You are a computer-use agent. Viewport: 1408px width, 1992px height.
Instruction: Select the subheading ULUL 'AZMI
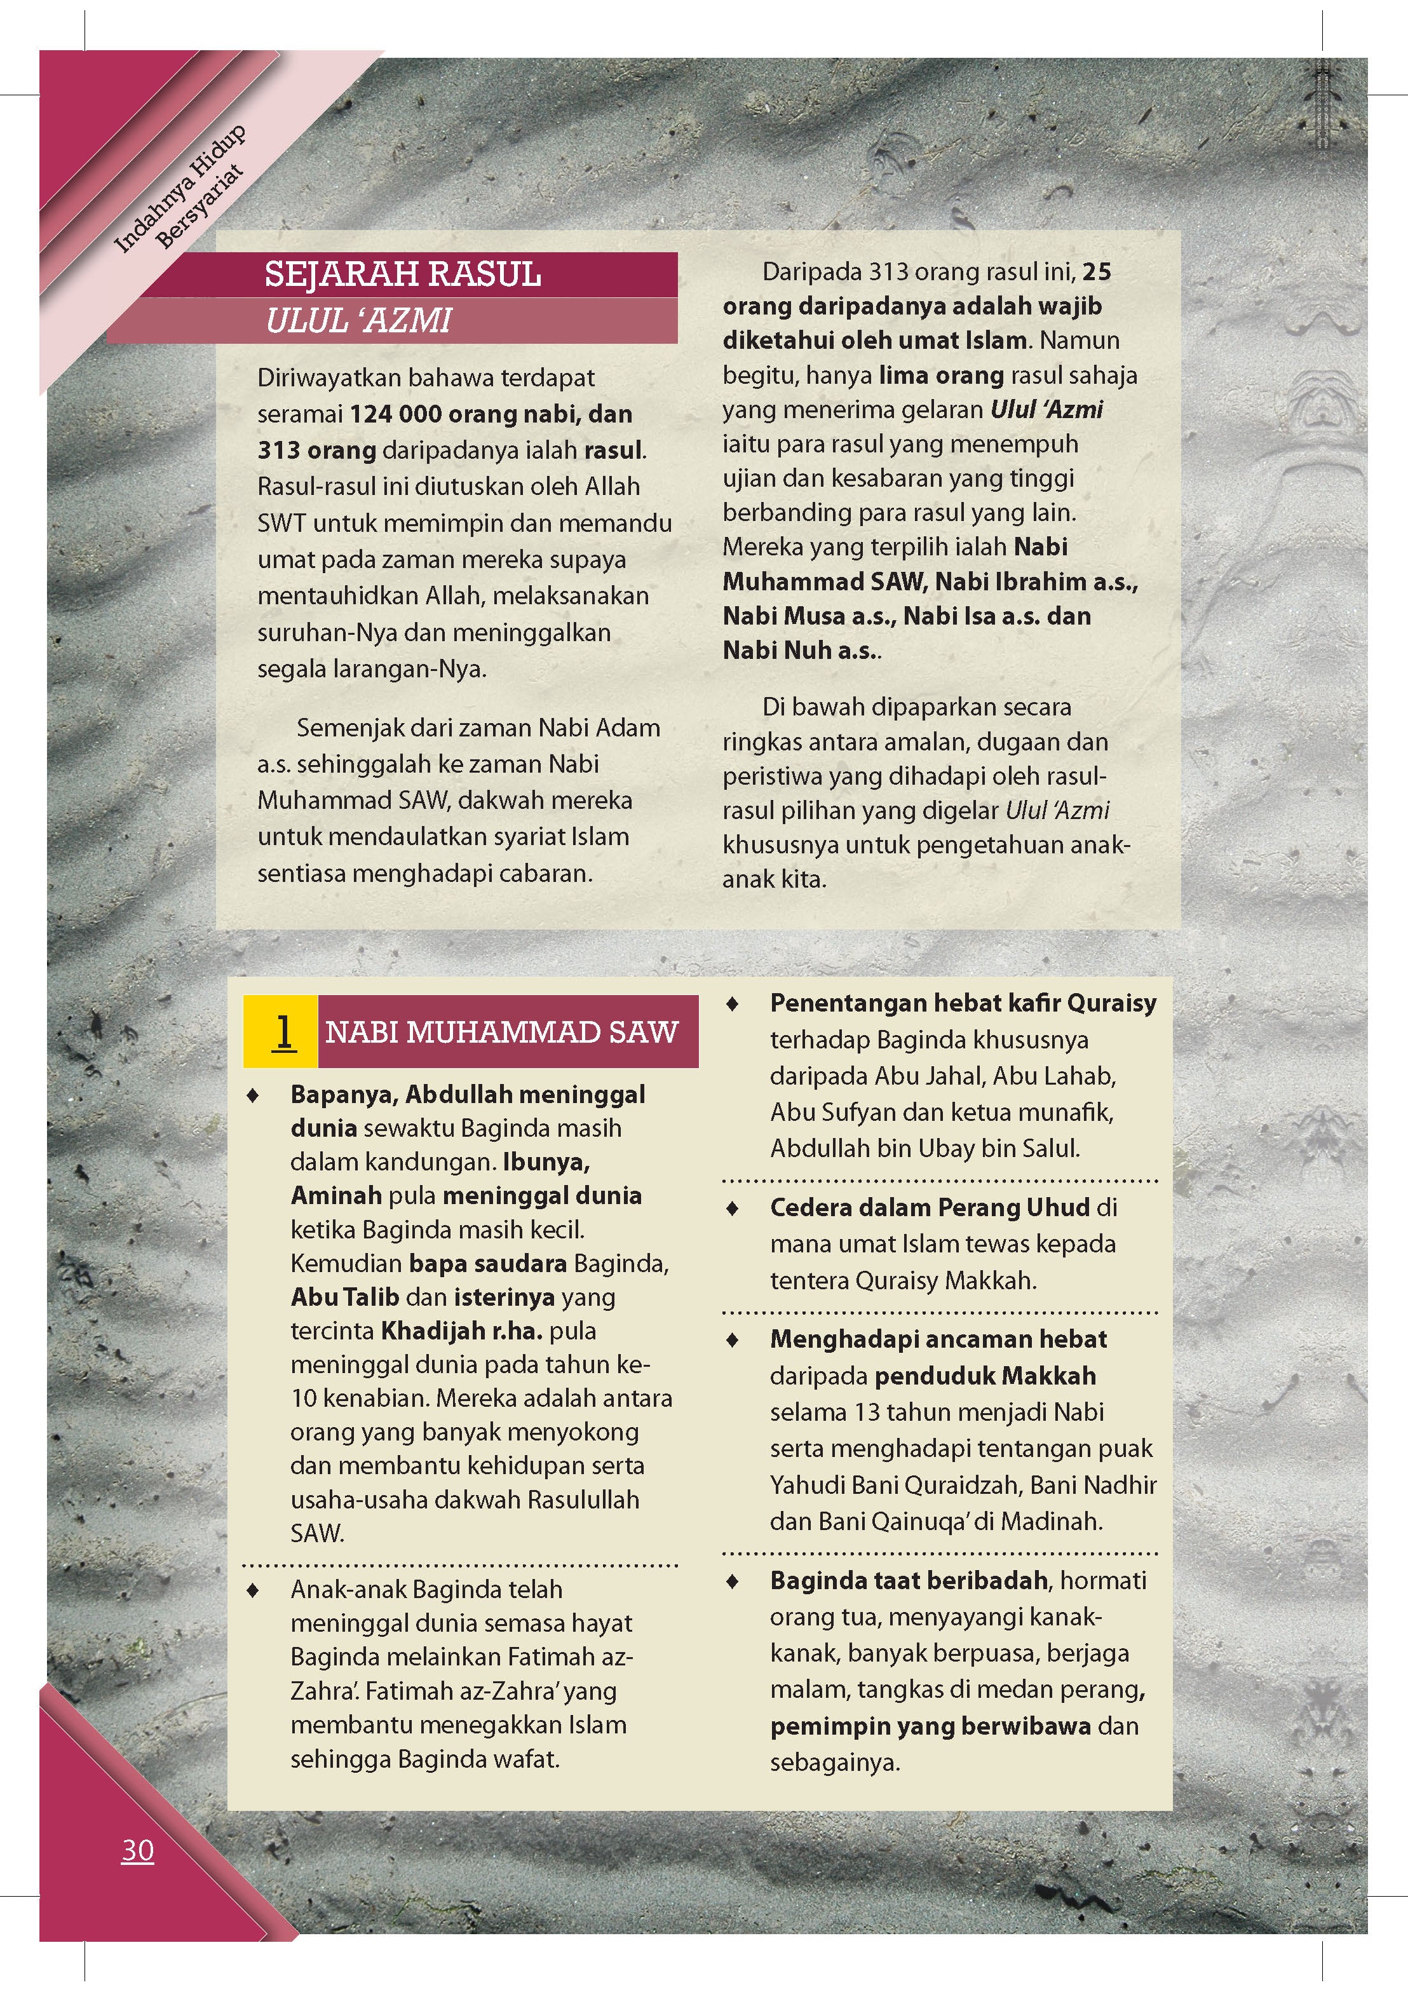coord(358,321)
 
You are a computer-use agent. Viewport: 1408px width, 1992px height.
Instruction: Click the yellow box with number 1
coord(282,1031)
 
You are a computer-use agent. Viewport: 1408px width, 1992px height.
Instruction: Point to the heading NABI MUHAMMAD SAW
coord(501,1031)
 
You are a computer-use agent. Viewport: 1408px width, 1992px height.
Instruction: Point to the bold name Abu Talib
coord(344,1296)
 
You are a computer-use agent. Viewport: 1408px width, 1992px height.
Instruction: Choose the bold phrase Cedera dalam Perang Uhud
coord(929,1207)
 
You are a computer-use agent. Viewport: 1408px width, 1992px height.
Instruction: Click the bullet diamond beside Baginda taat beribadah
coord(733,1582)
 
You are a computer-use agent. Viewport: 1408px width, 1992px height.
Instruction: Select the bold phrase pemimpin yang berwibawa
coord(930,1726)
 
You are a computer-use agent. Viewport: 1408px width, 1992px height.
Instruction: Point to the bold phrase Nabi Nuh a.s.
coord(800,650)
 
